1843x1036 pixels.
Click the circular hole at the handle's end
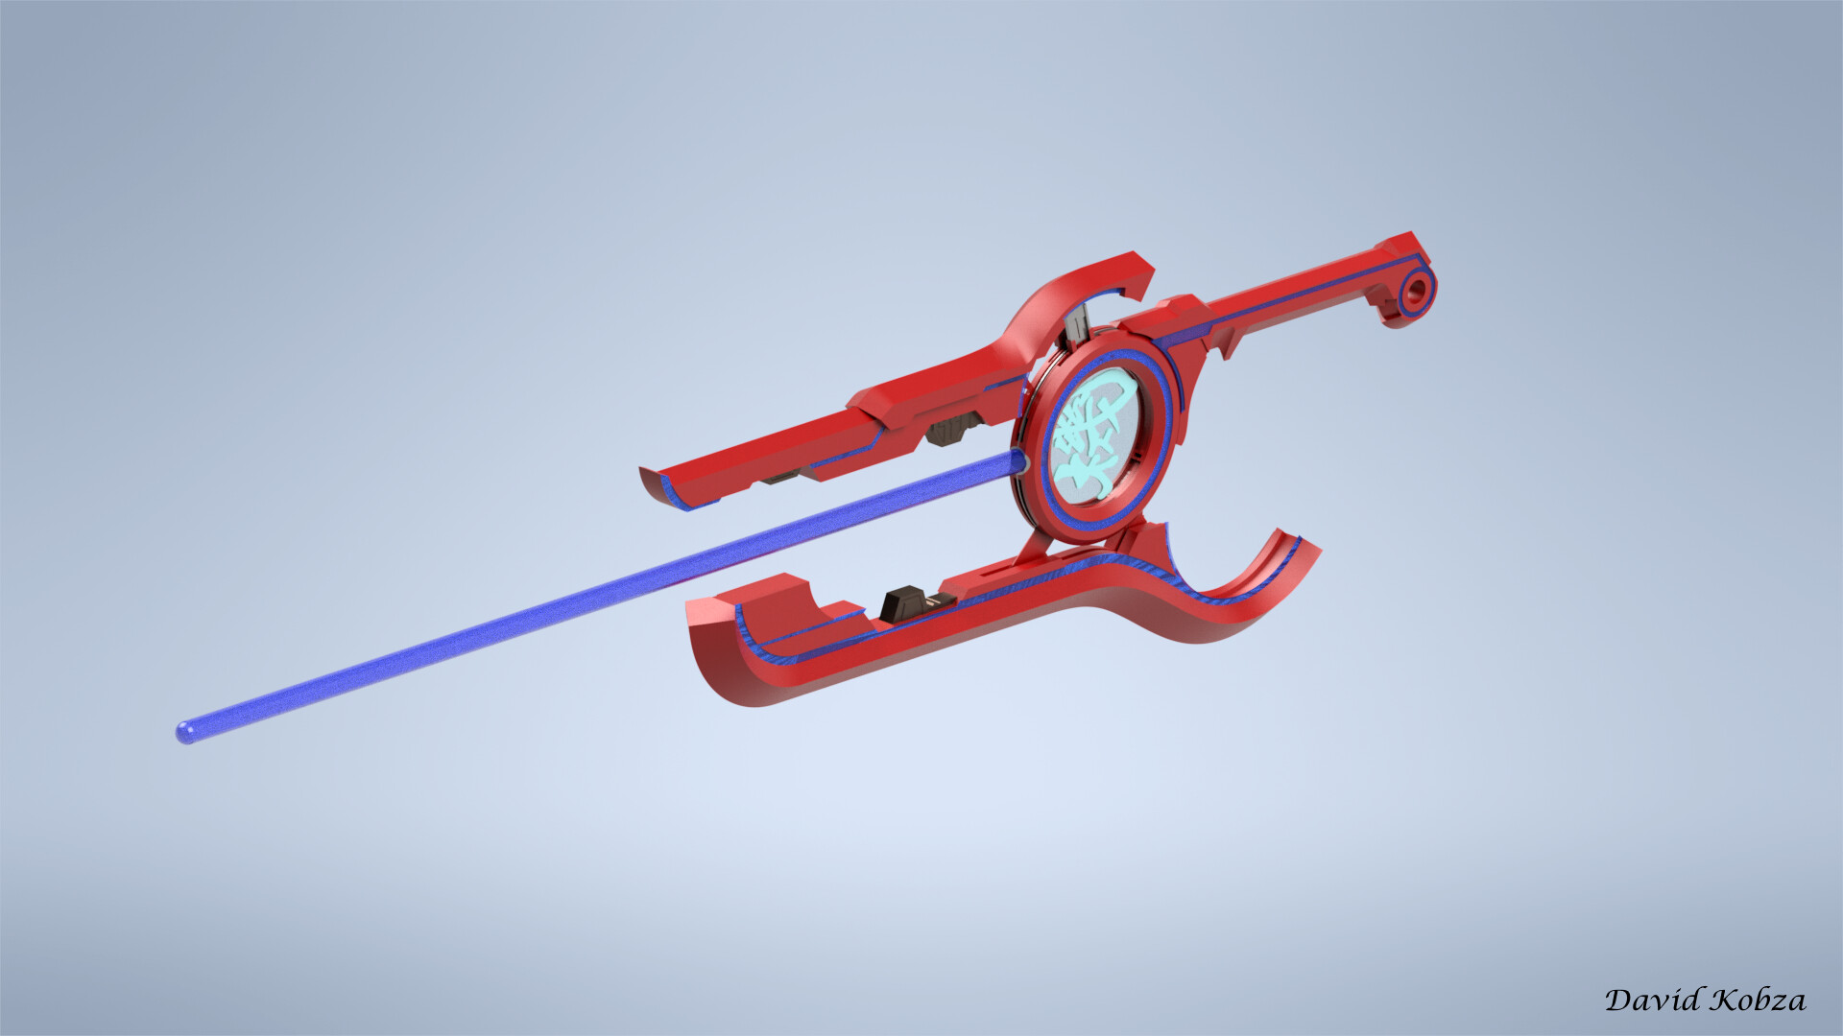1416,294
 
